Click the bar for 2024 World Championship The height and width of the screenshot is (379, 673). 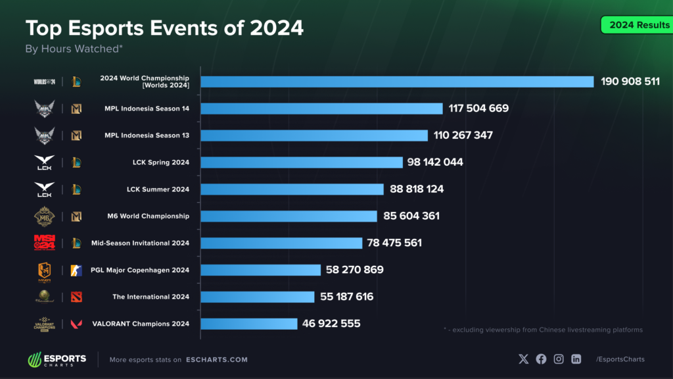tap(397, 82)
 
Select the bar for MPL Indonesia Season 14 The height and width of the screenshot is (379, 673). tap(321, 109)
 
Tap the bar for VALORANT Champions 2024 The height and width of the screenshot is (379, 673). tap(249, 324)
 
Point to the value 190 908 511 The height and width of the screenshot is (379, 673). tap(630, 82)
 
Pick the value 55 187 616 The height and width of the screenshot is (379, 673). tap(346, 297)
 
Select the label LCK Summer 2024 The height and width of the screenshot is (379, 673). tap(158, 189)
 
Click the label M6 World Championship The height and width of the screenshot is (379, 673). tap(147, 216)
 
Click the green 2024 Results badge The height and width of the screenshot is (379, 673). tap(635, 25)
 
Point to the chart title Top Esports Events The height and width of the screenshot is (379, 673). tap(164, 28)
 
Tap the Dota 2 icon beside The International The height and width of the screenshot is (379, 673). tap(76, 297)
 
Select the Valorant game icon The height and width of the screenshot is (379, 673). tap(76, 324)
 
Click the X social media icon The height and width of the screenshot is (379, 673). tap(523, 359)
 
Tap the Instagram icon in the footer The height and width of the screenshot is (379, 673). tap(559, 359)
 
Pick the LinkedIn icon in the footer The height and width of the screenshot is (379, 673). tap(576, 359)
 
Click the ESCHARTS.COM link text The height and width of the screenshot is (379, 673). tap(216, 360)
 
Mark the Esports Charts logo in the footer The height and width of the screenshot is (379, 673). tap(57, 360)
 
